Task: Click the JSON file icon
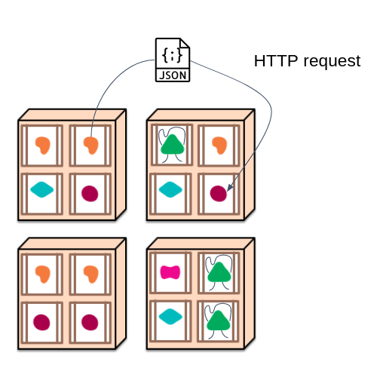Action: click(x=173, y=60)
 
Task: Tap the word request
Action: click(x=332, y=62)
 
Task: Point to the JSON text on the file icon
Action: click(x=173, y=75)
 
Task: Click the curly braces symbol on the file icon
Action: click(x=173, y=55)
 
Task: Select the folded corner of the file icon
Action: click(x=185, y=43)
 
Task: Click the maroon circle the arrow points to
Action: click(x=219, y=194)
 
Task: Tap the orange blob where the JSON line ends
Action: click(x=91, y=146)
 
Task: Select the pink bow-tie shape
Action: click(x=170, y=272)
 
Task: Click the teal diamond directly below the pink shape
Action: click(x=170, y=317)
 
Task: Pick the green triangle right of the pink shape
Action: click(x=219, y=272)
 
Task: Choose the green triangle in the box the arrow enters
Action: click(x=173, y=145)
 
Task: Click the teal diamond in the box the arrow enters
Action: click(x=170, y=189)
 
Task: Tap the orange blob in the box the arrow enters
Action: click(x=219, y=146)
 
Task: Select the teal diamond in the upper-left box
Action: click(x=41, y=189)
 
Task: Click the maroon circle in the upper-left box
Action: click(x=90, y=194)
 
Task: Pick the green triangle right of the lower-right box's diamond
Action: click(x=219, y=321)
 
